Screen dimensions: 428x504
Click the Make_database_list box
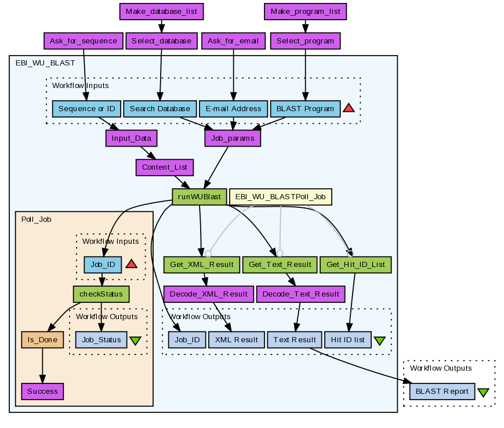(162, 11)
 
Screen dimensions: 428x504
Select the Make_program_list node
(306, 11)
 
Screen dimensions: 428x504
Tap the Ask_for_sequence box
(84, 41)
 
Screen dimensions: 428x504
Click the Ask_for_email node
(234, 41)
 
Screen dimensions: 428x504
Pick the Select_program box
(305, 41)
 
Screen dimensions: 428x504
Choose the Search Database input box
(159, 108)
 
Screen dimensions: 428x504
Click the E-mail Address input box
(233, 108)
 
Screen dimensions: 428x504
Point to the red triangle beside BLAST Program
(349, 108)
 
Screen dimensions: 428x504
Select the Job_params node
(233, 138)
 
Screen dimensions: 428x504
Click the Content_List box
(165, 167)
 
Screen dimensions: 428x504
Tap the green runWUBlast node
(200, 196)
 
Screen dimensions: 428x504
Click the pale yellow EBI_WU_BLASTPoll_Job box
(281, 196)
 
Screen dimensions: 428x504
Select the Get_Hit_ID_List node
(356, 265)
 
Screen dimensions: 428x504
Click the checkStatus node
(101, 294)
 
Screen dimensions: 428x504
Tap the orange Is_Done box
(42, 339)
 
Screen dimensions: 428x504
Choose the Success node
(42, 391)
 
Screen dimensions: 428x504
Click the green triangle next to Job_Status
(136, 341)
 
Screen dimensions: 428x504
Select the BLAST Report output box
(443, 391)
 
